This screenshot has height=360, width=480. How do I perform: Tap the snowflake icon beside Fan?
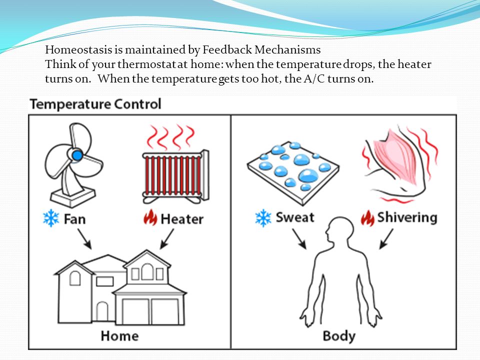tap(51, 218)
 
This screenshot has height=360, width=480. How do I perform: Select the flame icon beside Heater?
tap(150, 217)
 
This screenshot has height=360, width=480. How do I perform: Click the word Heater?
tap(182, 219)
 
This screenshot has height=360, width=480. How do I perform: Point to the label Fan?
tap(74, 219)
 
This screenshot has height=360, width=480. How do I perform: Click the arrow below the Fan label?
tap(84, 239)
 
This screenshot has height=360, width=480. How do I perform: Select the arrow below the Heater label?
tap(167, 239)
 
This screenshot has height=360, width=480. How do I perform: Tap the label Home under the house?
tap(119, 336)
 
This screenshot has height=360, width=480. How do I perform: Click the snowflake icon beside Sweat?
tap(263, 218)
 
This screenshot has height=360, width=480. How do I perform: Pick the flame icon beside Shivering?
tap(367, 218)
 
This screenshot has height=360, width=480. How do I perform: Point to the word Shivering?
tap(407, 218)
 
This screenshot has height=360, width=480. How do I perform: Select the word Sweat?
tap(295, 217)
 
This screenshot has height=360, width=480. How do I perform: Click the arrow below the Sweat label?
tap(299, 239)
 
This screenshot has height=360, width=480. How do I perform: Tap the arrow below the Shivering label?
tap(386, 239)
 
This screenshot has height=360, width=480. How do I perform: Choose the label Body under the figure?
tap(339, 336)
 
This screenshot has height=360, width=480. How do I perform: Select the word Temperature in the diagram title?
tap(70, 104)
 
